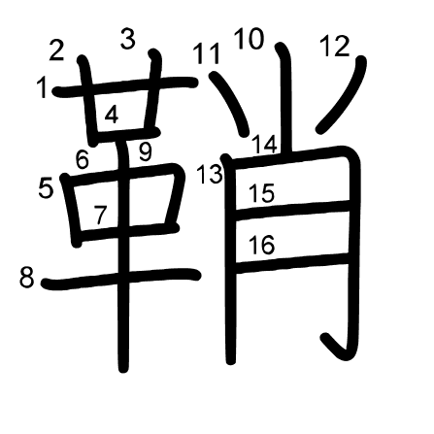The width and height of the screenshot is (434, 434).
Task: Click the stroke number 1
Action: (x=42, y=88)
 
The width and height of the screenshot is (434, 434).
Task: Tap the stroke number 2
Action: (x=56, y=50)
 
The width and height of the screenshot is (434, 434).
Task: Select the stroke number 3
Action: (x=128, y=39)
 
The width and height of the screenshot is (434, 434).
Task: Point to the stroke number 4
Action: (x=112, y=116)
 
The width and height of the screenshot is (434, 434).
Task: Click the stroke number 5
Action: (x=46, y=188)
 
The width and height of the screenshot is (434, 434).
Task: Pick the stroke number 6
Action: (x=83, y=159)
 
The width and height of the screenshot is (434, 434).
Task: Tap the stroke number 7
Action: (x=100, y=215)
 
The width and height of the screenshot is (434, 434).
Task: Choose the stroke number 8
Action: (x=26, y=278)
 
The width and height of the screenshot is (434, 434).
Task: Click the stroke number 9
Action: (x=146, y=152)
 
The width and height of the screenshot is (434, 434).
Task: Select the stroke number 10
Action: (x=250, y=39)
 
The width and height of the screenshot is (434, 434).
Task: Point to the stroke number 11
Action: (x=207, y=53)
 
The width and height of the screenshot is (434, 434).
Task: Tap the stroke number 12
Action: (x=335, y=47)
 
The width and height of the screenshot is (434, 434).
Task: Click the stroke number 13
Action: (x=210, y=174)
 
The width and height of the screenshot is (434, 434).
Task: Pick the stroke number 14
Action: (x=264, y=145)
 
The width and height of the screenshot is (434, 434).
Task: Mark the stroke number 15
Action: (x=262, y=193)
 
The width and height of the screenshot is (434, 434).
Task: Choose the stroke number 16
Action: (x=262, y=245)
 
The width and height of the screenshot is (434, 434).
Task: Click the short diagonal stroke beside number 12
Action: (x=343, y=95)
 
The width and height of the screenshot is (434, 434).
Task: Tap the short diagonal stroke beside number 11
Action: (x=231, y=103)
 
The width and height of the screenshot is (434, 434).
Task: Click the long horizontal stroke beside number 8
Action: (x=121, y=279)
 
